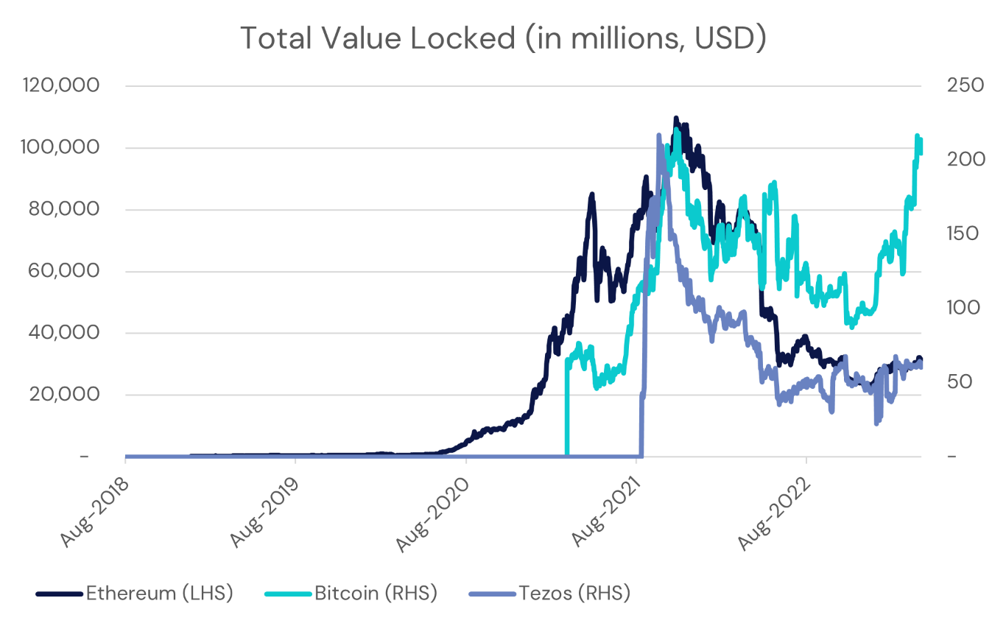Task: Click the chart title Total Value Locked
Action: tap(503, 39)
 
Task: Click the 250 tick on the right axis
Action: tap(963, 85)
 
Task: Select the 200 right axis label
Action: tap(963, 160)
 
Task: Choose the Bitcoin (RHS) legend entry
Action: tap(376, 593)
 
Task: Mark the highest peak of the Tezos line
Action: tap(658, 136)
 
